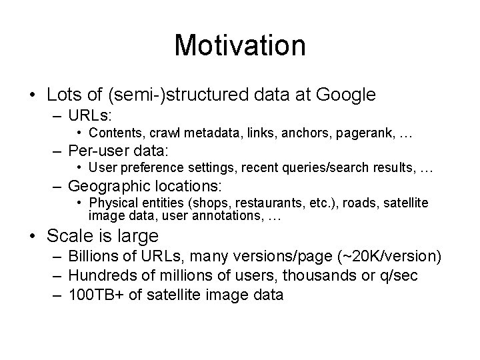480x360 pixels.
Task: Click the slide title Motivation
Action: point(240,45)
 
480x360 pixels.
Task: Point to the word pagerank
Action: point(368,134)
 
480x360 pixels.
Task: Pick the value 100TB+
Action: point(93,294)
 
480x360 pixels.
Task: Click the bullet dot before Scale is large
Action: point(34,235)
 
